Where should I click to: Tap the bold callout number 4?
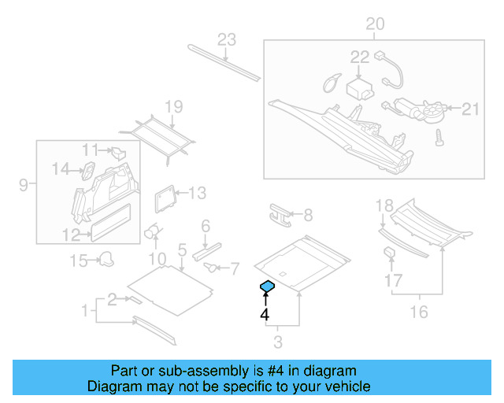tap(265, 315)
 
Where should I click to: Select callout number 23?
tap(227, 40)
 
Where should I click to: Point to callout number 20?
tap(375, 24)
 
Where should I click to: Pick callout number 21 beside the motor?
tap(469, 109)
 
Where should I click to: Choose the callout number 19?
tap(173, 107)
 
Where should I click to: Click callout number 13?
tap(196, 192)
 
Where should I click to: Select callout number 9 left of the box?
tap(24, 186)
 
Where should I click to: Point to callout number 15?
tap(77, 260)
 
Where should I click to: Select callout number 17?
tap(393, 280)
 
